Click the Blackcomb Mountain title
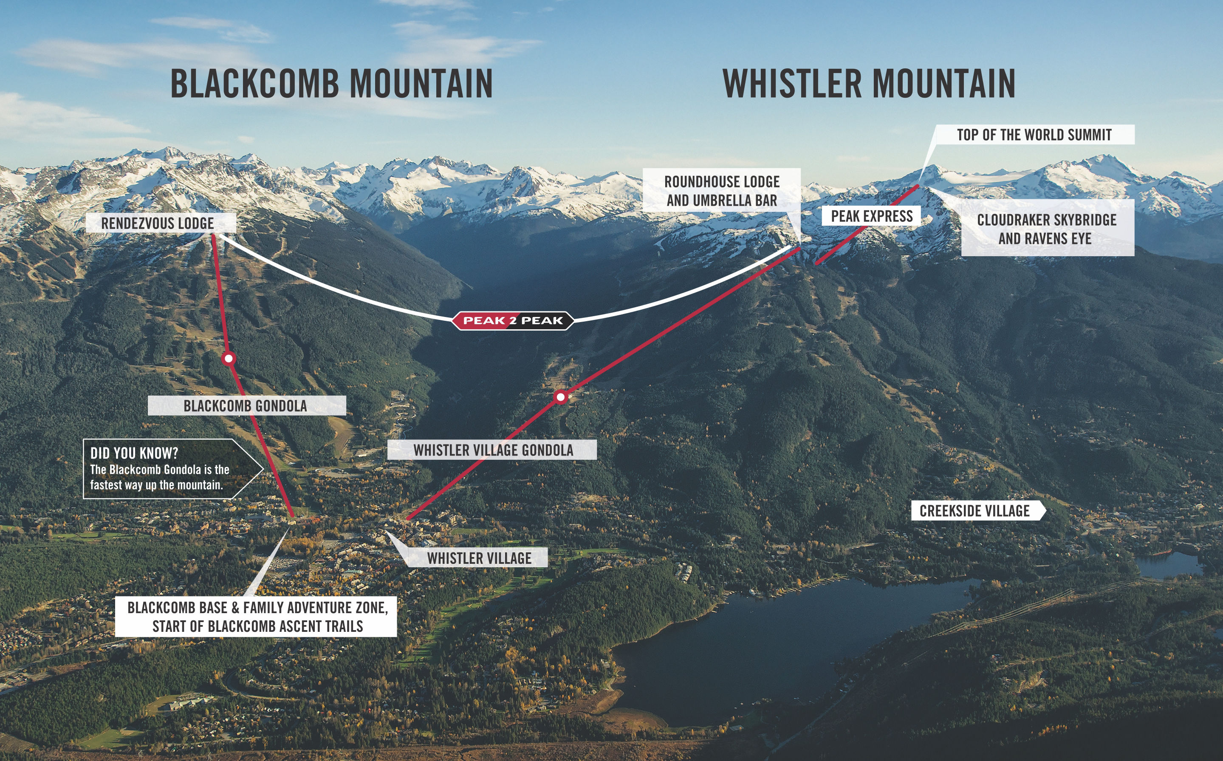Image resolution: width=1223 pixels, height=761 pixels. point(331,84)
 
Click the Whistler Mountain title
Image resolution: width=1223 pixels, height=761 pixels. point(869,84)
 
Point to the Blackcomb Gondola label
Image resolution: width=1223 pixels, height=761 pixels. point(246,406)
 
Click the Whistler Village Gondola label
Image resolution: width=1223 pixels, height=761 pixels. point(492,450)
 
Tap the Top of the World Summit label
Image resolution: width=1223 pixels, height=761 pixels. point(1034,135)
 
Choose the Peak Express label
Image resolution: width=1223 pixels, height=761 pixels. point(871,216)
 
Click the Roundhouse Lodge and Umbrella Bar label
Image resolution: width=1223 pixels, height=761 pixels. point(721,190)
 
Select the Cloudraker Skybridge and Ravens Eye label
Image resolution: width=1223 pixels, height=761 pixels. point(1048,228)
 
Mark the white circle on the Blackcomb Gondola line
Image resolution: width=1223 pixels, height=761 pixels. point(229,358)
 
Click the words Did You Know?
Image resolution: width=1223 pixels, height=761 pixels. point(134,453)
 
